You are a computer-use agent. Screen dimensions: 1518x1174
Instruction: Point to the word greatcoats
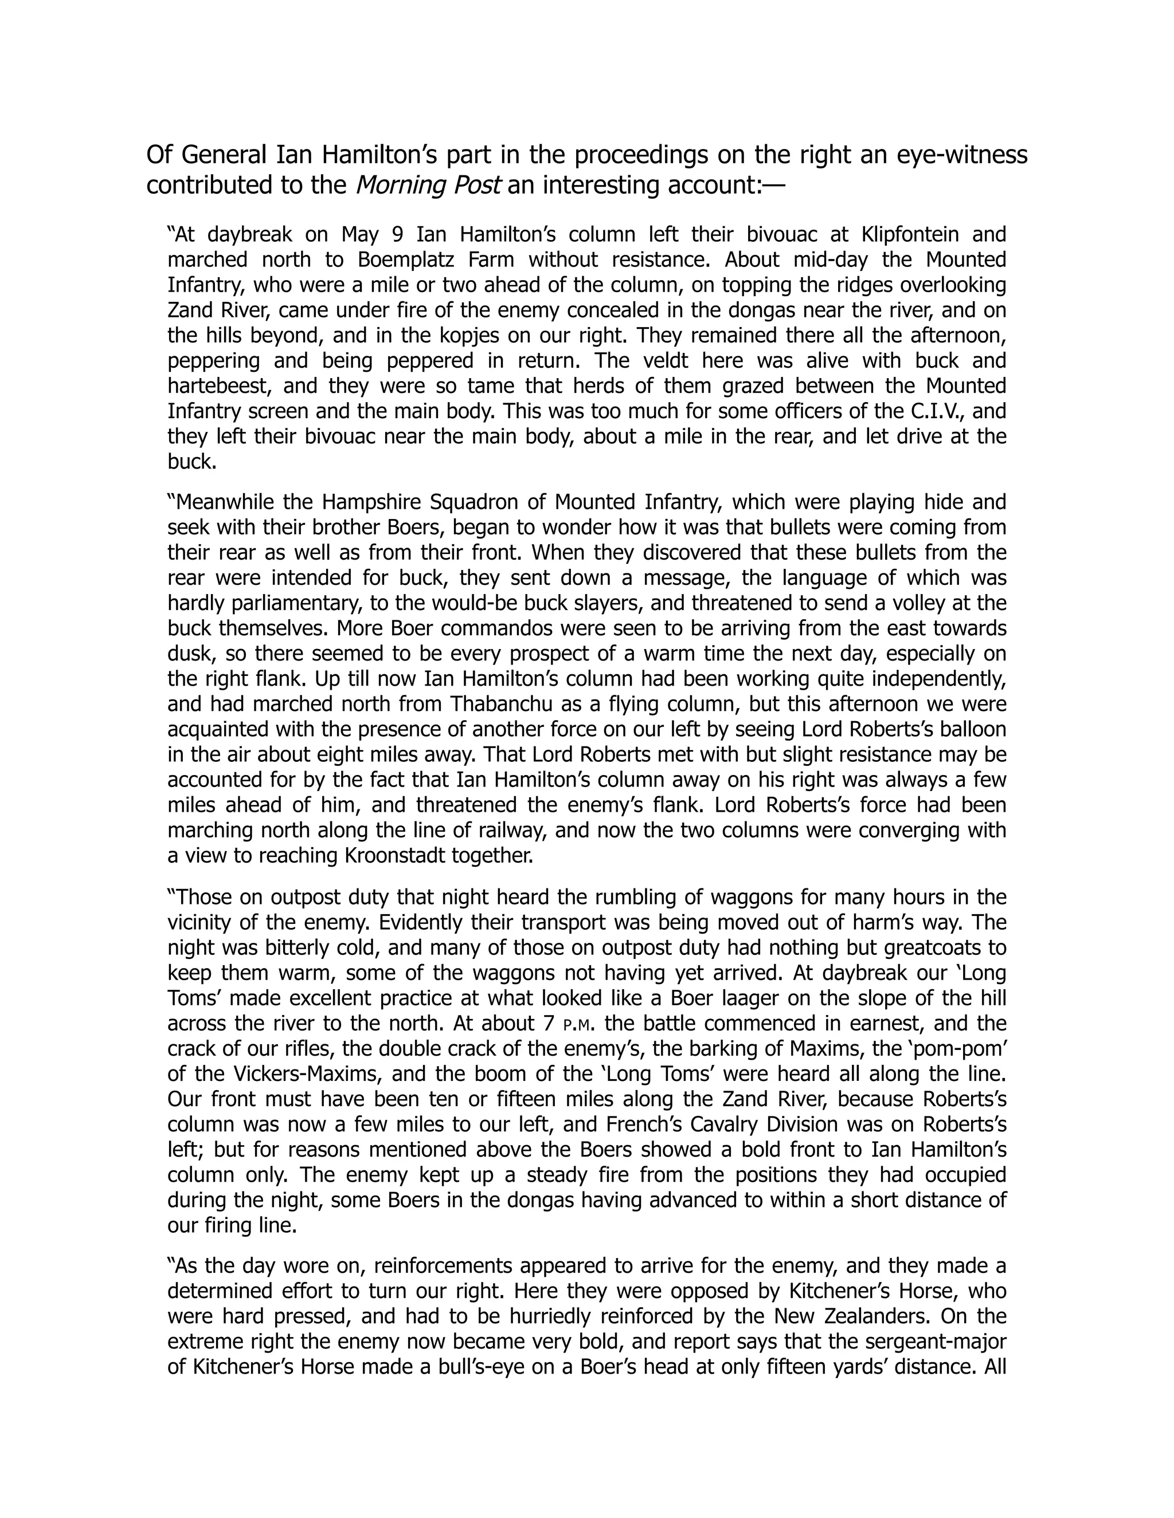pos(921,948)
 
